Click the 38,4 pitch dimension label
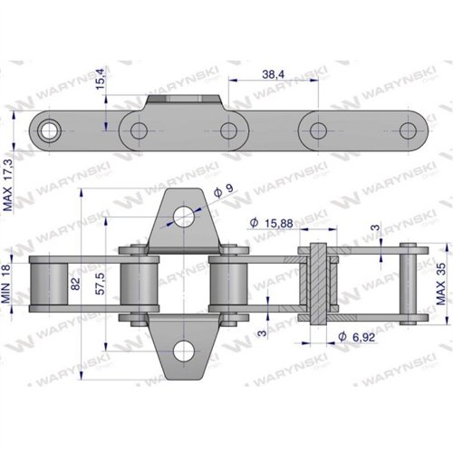[x=273, y=74]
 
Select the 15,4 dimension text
[x=101, y=79]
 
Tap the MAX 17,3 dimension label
[x=8, y=185]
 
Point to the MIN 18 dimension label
[x=5, y=284]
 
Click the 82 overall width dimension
[x=75, y=284]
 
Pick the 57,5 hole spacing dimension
[x=100, y=284]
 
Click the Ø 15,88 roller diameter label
[x=272, y=223]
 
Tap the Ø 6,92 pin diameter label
[x=357, y=337]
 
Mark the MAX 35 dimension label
[x=440, y=284]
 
